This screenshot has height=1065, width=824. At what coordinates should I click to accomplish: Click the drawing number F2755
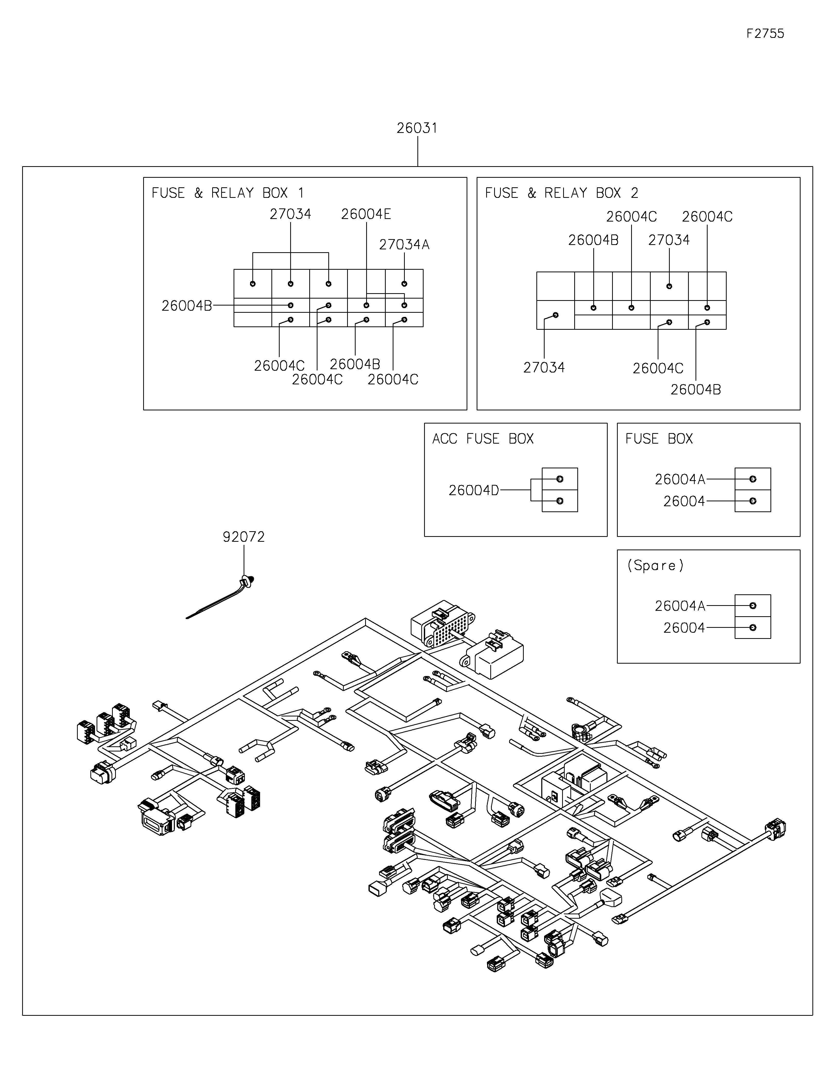click(x=765, y=34)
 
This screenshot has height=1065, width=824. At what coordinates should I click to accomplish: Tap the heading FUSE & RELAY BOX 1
click(x=228, y=193)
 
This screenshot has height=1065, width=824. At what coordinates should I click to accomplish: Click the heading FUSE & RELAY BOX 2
click(x=561, y=193)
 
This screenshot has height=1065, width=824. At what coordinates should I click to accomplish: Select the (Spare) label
click(x=655, y=566)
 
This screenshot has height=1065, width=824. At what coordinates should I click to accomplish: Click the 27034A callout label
click(x=404, y=245)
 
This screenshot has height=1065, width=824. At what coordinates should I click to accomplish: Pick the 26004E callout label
click(x=366, y=214)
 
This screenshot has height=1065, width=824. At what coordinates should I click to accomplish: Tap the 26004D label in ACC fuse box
click(x=474, y=491)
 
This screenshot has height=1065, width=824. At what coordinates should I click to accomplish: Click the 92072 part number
click(x=244, y=537)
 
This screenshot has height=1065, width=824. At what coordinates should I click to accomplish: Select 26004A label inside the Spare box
click(x=680, y=606)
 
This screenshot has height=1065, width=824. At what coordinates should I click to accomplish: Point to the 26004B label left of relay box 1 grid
click(x=187, y=306)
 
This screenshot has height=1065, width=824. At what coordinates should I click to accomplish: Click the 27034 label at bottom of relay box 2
click(x=544, y=368)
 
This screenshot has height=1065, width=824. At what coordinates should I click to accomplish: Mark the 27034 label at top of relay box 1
click(x=290, y=214)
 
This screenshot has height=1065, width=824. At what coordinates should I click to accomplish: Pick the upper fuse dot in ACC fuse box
click(x=559, y=479)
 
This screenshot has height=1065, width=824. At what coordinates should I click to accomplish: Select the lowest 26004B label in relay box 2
click(x=695, y=390)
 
